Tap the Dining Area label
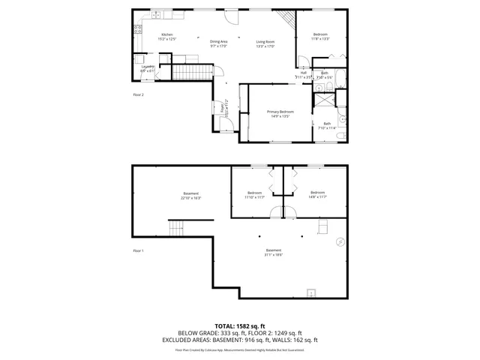(x=219, y=43)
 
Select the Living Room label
(x=265, y=43)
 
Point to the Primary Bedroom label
(x=280, y=113)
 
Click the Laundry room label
(x=148, y=69)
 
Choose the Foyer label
(x=223, y=109)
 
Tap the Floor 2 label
(x=138, y=95)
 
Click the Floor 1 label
(x=138, y=250)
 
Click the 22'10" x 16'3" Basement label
(x=191, y=196)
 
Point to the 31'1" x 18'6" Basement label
(x=274, y=252)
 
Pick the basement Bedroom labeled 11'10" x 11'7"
(x=254, y=195)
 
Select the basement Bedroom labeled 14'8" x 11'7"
(x=317, y=194)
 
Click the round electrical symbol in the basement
(x=340, y=241)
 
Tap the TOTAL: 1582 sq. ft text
(x=239, y=326)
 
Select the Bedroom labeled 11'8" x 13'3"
(x=320, y=37)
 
